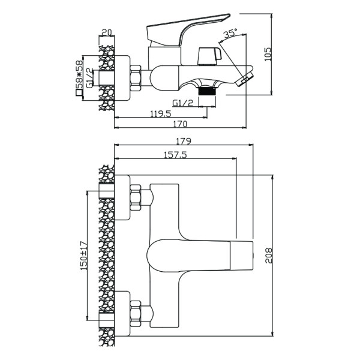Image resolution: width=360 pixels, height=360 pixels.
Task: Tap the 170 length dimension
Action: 181,124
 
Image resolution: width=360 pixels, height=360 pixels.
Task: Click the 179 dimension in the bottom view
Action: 184,142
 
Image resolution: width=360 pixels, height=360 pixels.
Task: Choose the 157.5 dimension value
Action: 175,155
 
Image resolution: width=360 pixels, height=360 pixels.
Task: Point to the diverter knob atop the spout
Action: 211,56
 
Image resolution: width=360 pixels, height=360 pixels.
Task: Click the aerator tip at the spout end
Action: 245,79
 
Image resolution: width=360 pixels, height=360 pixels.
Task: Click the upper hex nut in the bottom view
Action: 137,198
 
